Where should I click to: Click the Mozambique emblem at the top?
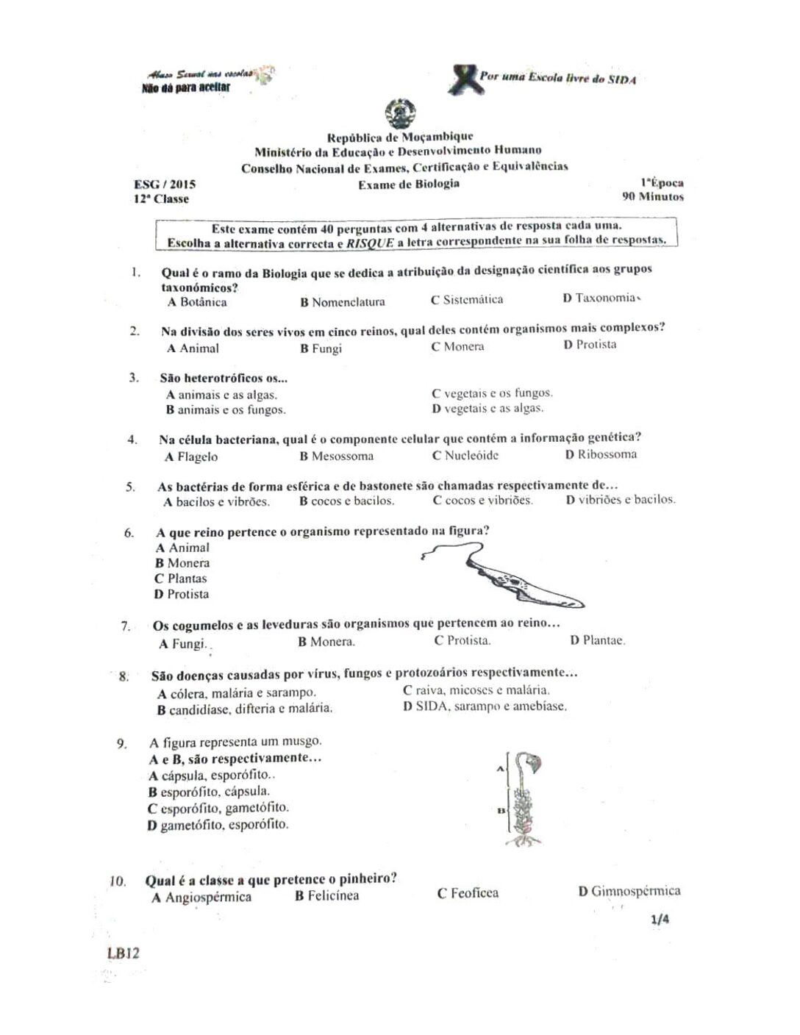pos(401,114)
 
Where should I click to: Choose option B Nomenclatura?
pos(342,301)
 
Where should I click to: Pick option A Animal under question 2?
pos(193,348)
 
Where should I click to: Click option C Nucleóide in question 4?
pos(465,455)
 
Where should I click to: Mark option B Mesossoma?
pos(336,456)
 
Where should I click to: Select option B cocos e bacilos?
pos(346,501)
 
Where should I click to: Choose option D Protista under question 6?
pos(181,594)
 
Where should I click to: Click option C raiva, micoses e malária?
pos(476,690)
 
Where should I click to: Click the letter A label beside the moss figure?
pos(500,769)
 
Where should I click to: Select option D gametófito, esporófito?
pos(218,825)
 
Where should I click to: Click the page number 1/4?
pos(660,919)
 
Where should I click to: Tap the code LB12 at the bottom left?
pos(123,953)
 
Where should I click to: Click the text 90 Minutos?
pos(653,196)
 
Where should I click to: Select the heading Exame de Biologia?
pos(409,184)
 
